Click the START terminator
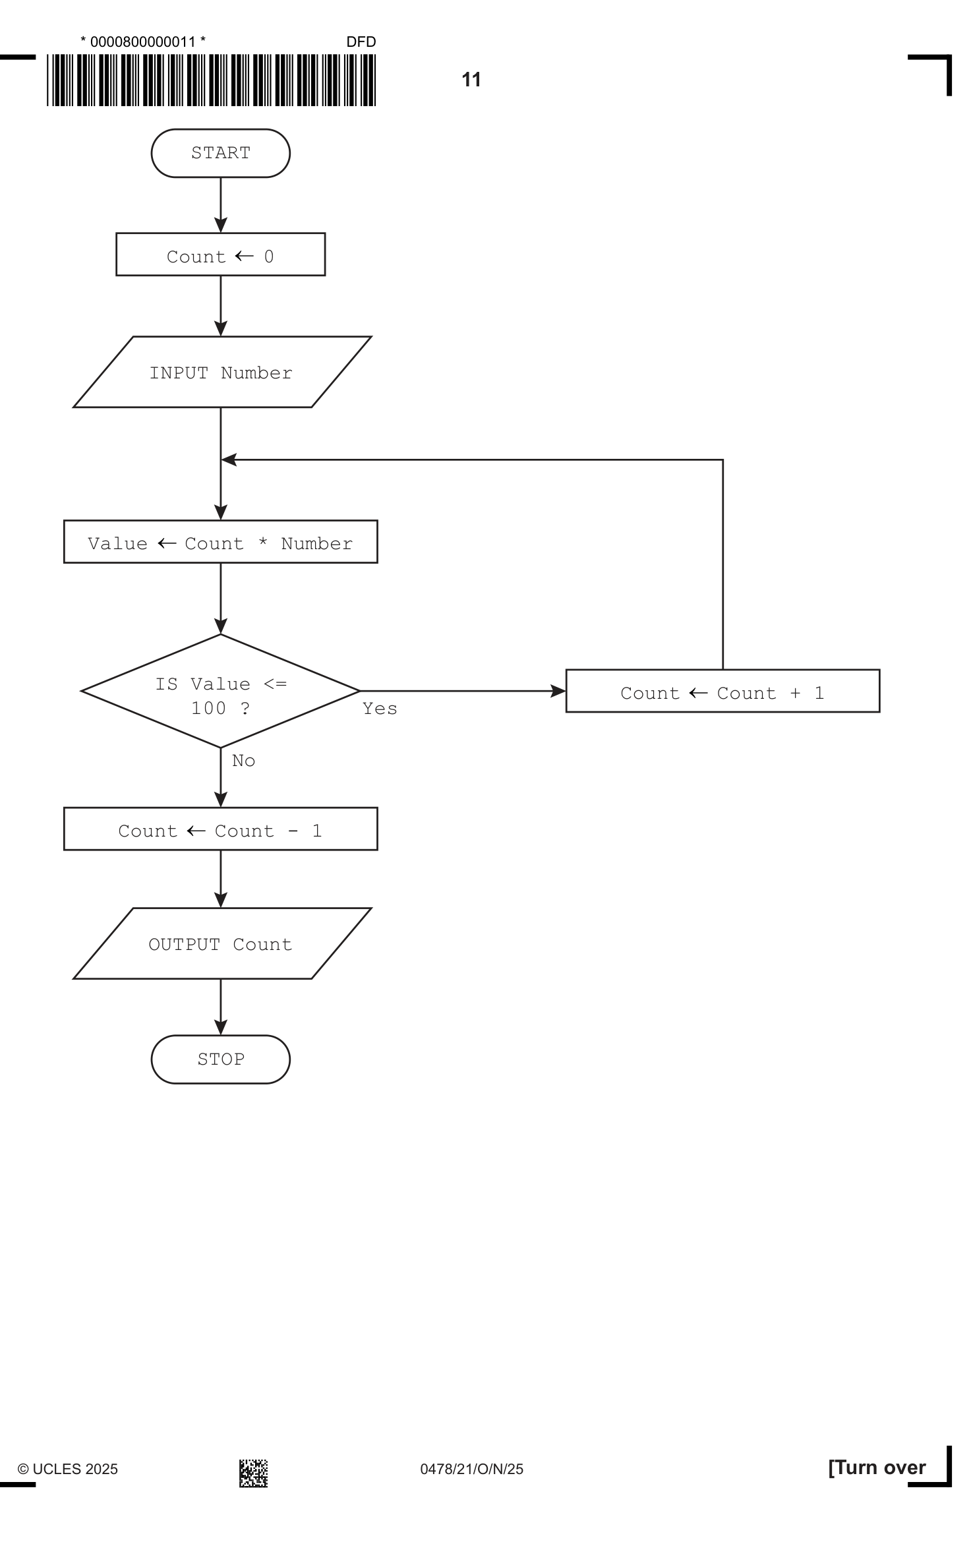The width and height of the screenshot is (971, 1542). [220, 153]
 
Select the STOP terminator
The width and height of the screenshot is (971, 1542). [220, 1059]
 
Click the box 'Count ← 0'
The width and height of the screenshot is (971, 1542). [220, 254]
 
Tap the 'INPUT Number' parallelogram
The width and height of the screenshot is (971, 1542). [222, 372]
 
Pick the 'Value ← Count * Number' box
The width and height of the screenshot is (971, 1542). [220, 542]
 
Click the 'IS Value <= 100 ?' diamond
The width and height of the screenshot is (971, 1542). [220, 691]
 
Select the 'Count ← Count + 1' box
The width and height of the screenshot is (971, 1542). [722, 691]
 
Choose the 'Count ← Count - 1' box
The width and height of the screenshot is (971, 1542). [220, 829]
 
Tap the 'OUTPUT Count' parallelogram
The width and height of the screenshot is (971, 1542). [222, 943]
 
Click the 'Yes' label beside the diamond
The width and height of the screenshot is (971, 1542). [380, 709]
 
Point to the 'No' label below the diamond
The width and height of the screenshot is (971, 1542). [243, 761]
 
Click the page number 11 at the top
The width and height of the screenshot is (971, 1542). [471, 80]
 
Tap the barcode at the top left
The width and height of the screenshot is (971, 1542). [211, 80]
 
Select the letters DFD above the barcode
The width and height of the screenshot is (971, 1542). [361, 42]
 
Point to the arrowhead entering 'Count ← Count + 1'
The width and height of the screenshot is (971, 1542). [558, 691]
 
